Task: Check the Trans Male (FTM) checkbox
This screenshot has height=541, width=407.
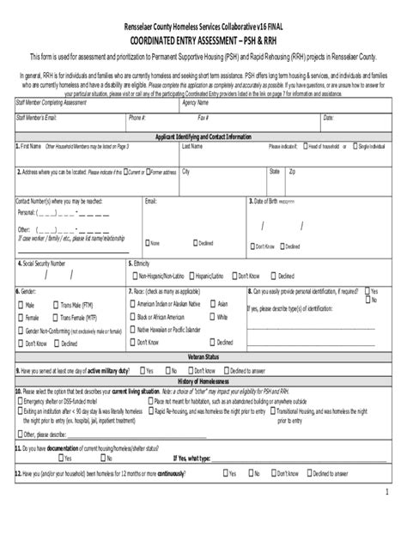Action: [x=55, y=304]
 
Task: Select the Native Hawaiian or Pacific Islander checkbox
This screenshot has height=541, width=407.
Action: [x=131, y=329]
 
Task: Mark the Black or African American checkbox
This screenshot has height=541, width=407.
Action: [x=131, y=317]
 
